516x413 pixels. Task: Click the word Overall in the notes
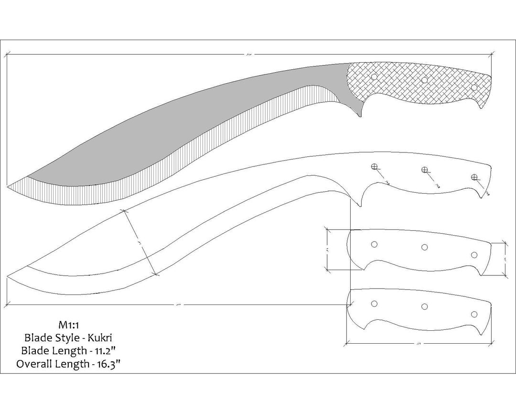34,364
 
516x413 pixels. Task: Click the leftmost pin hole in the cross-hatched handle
374,76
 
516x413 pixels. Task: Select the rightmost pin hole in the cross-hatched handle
474,87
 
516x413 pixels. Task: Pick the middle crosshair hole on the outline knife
424,170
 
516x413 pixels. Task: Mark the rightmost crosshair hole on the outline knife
474,177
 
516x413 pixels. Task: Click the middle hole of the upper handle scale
424,247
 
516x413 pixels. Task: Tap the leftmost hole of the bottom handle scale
374,304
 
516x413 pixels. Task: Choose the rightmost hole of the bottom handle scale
474,314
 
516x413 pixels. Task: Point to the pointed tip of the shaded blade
8,185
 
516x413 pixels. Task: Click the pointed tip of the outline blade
8,277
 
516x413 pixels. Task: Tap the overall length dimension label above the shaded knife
248,54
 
